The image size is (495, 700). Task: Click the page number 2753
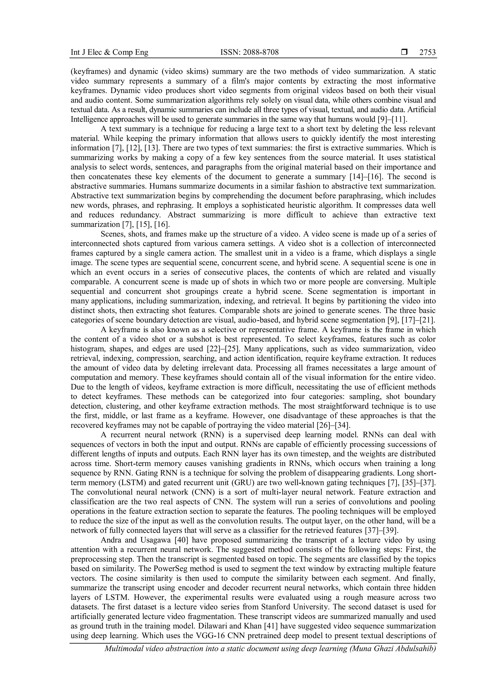tap(427, 52)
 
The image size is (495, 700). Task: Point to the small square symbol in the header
tap(404, 52)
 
